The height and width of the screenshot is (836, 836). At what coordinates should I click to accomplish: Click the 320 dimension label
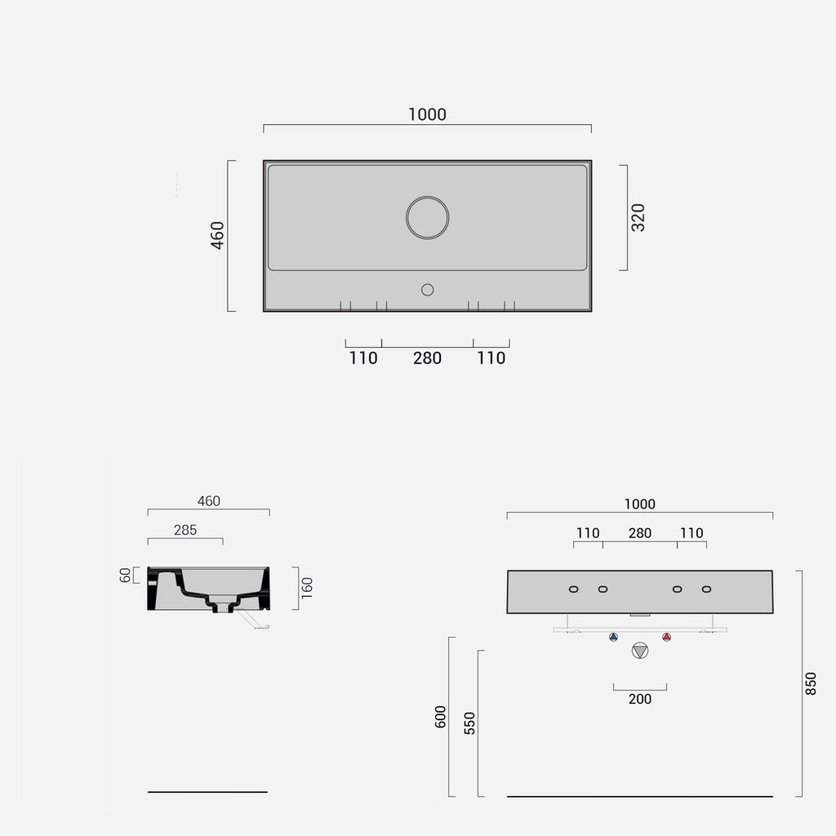pyautogui.click(x=638, y=217)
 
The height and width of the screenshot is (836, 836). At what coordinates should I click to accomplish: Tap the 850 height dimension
pyautogui.click(x=810, y=683)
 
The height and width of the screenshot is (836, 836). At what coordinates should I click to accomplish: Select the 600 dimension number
pyautogui.click(x=441, y=717)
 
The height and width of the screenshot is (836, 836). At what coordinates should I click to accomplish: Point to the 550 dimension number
pyautogui.click(x=469, y=723)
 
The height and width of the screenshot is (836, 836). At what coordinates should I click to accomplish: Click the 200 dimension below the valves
pyautogui.click(x=640, y=699)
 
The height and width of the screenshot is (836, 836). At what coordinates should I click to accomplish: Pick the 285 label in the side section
pyautogui.click(x=185, y=530)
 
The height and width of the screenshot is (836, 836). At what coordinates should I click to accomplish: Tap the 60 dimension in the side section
pyautogui.click(x=125, y=576)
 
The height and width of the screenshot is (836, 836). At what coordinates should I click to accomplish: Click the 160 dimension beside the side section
pyautogui.click(x=307, y=588)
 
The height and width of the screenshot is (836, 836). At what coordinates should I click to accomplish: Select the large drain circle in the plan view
pyautogui.click(x=427, y=218)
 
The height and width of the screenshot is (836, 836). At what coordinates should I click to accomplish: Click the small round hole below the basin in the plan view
pyautogui.click(x=427, y=289)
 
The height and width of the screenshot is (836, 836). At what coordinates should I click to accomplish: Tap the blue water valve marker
pyautogui.click(x=613, y=637)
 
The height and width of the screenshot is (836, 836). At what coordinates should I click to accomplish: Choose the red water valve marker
pyautogui.click(x=667, y=637)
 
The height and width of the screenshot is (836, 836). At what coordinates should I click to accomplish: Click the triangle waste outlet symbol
pyautogui.click(x=640, y=651)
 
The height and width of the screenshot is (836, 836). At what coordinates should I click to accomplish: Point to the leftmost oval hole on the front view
pyautogui.click(x=574, y=589)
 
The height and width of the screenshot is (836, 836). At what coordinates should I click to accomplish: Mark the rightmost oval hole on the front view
pyautogui.click(x=706, y=589)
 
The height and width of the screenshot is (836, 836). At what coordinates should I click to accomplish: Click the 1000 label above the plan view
pyautogui.click(x=427, y=114)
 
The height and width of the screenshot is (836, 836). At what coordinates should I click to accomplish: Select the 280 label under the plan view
pyautogui.click(x=427, y=358)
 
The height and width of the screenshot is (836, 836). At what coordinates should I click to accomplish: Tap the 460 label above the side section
pyautogui.click(x=209, y=501)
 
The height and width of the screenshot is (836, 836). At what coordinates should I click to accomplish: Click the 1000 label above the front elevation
pyautogui.click(x=640, y=505)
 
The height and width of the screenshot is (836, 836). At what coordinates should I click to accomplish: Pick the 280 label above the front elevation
pyautogui.click(x=640, y=533)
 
